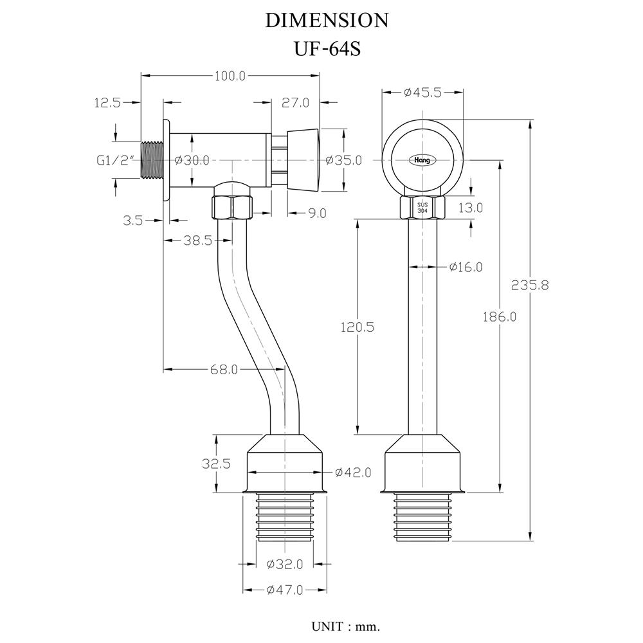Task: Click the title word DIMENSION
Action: point(327,21)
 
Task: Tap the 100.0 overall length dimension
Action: point(230,76)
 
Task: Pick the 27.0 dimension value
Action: point(296,102)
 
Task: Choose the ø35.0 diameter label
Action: point(344,160)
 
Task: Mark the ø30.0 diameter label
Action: point(192,160)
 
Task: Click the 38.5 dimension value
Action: point(198,240)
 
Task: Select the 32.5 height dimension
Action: point(216,464)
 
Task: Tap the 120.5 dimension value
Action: point(358,327)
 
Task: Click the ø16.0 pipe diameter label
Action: point(466,267)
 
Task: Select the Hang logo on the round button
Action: point(422,159)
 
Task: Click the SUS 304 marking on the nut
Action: point(422,207)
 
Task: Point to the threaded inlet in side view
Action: point(151,160)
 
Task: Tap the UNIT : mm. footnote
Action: point(346,625)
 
